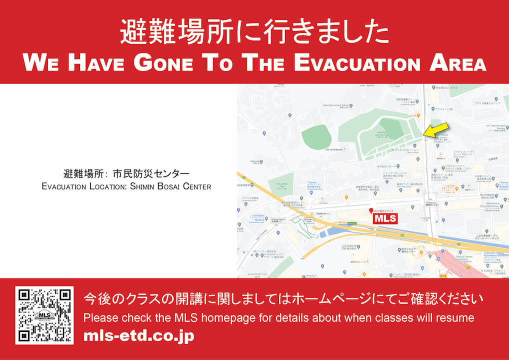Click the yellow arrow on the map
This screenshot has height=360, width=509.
coord(433,129)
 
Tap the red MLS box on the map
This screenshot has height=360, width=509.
coord(385,219)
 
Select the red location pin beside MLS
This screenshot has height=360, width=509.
coord(370,211)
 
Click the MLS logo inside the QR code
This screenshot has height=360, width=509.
coord(44,315)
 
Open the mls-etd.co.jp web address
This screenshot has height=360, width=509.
coord(138,336)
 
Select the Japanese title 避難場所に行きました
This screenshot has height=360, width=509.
coord(254,32)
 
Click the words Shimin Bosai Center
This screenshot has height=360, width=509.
coord(170,186)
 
